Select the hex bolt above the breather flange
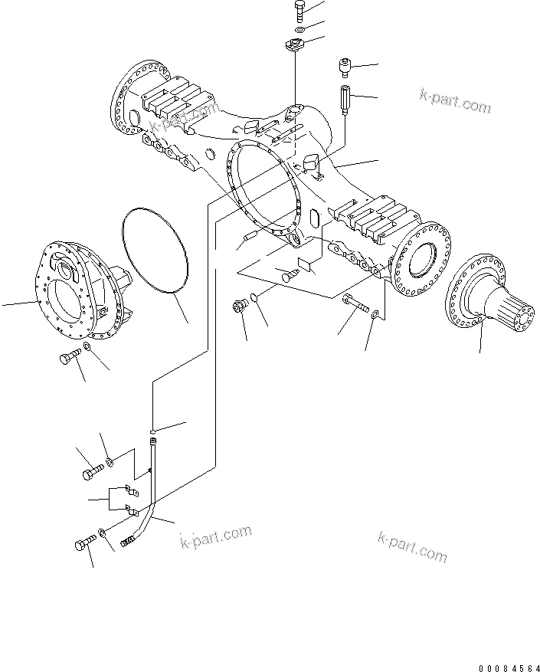click(299, 11)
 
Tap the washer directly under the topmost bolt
click(299, 29)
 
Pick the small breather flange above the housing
click(295, 44)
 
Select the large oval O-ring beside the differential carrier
click(155, 251)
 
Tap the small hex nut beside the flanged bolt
click(374, 314)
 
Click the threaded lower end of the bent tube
click(129, 543)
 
